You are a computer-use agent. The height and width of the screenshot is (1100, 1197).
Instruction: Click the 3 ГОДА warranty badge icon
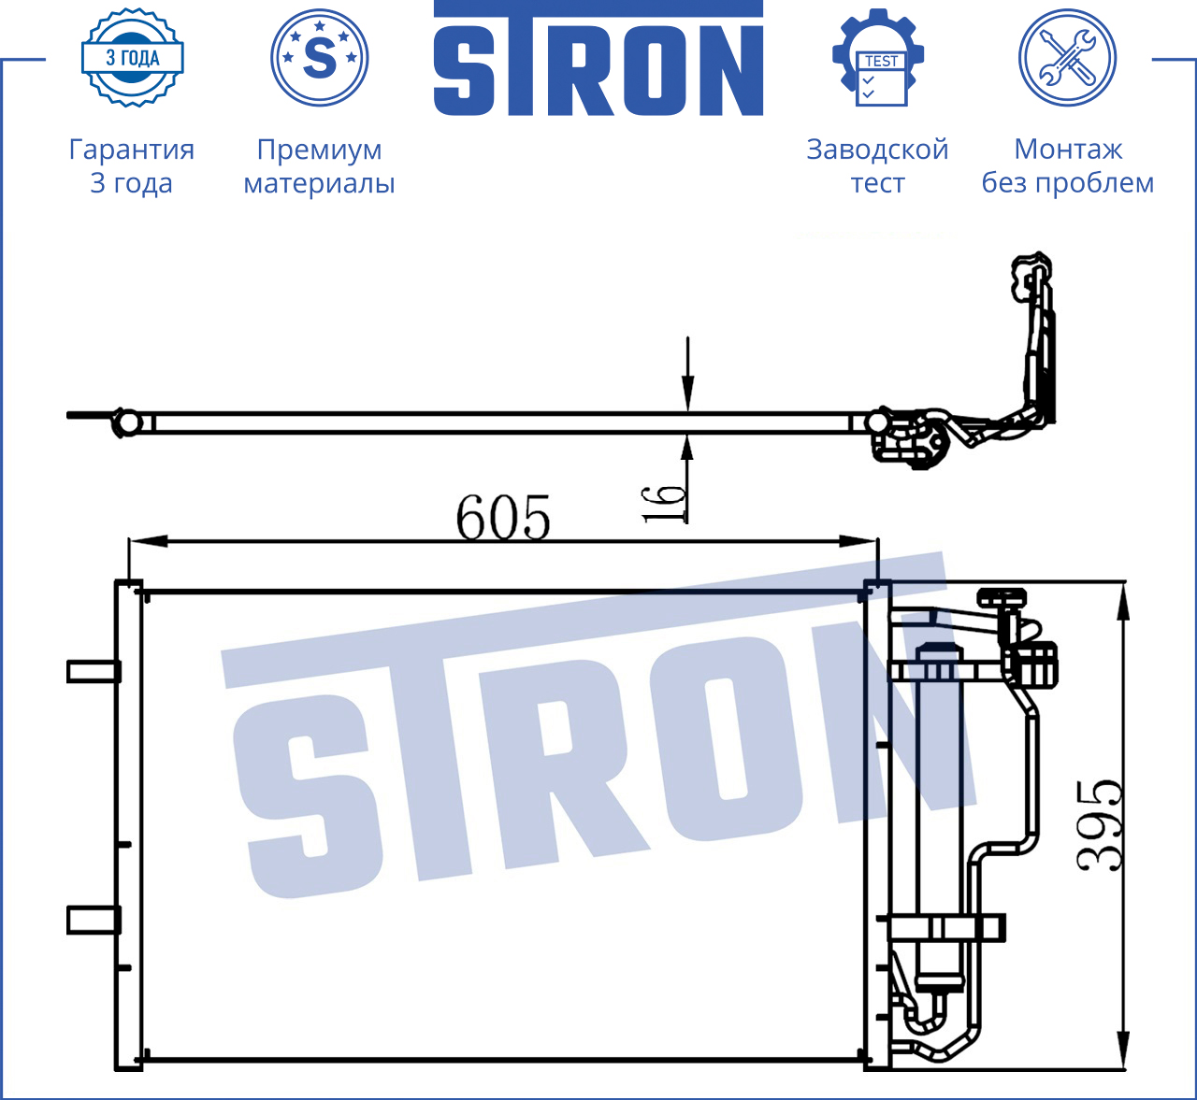click(x=133, y=58)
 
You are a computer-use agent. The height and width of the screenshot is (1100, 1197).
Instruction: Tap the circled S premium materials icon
click(x=319, y=58)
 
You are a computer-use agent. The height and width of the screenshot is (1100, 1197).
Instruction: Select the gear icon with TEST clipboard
click(x=878, y=58)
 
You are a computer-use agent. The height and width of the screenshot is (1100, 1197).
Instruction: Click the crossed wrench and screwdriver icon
click(x=1068, y=58)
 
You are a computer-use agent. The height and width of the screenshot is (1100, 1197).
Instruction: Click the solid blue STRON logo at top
click(x=598, y=58)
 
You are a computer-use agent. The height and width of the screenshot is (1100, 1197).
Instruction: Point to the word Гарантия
click(x=132, y=150)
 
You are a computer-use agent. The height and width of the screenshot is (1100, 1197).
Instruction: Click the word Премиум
click(x=319, y=150)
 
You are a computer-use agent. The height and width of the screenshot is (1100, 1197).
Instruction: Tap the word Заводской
click(x=878, y=150)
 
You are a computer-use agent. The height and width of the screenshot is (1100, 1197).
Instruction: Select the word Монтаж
click(x=1068, y=150)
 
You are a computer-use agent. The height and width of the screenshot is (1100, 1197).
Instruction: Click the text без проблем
click(x=1068, y=182)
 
